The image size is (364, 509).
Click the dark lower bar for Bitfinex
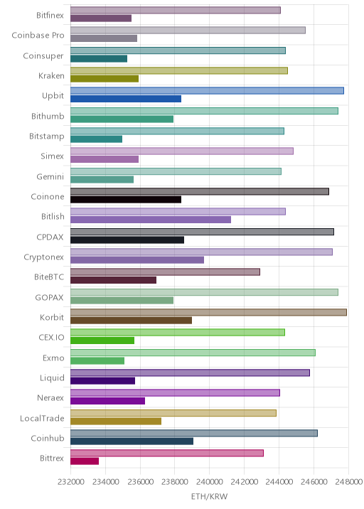pyautogui.click(x=101, y=18)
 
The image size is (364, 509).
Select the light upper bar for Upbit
pyautogui.click(x=207, y=91)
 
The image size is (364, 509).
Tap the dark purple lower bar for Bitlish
pyautogui.click(x=151, y=220)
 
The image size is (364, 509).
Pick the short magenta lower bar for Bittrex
pyautogui.click(x=85, y=461)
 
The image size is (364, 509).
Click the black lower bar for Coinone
pyautogui.click(x=126, y=200)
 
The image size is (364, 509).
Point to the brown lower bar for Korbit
pyautogui.click(x=132, y=321)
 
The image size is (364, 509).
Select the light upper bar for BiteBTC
pyautogui.click(x=165, y=272)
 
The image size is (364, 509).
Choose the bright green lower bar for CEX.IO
pyautogui.click(x=102, y=341)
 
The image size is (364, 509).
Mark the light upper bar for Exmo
pyautogui.click(x=193, y=353)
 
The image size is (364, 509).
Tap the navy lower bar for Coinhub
pyautogui.click(x=132, y=441)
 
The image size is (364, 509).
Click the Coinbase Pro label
pyautogui.click(x=38, y=35)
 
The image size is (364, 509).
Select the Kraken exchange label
pyautogui.click(x=51, y=75)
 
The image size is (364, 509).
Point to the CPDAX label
pyautogui.click(x=50, y=237)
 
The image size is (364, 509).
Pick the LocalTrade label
pyautogui.click(x=42, y=418)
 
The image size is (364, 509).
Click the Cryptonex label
pyautogui.click(x=44, y=257)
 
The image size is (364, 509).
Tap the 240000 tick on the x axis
pyautogui.click(x=209, y=482)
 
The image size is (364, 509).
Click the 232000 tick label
pyautogui.click(x=71, y=482)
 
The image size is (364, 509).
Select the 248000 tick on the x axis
pyautogui.click(x=348, y=482)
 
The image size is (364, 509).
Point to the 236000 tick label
pyautogui.click(x=140, y=482)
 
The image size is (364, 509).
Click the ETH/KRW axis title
pyautogui.click(x=210, y=496)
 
